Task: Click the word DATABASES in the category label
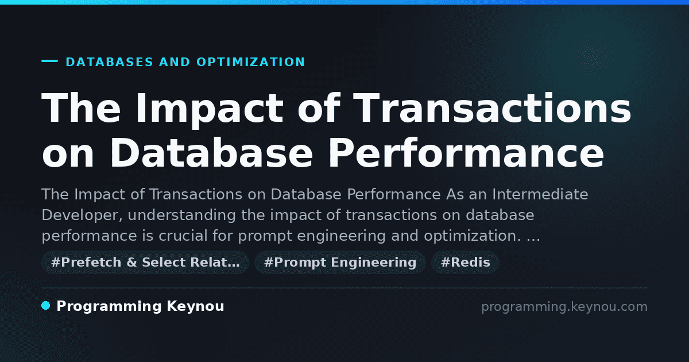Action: click(110, 62)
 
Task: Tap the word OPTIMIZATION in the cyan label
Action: click(251, 62)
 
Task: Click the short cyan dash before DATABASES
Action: click(49, 61)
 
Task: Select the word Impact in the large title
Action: click(210, 109)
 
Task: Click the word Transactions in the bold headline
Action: click(492, 108)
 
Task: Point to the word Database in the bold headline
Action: click(211, 153)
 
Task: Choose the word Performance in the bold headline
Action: click(466, 153)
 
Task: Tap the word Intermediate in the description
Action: click(540, 195)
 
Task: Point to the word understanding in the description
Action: click(182, 215)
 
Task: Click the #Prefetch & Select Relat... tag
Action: click(145, 263)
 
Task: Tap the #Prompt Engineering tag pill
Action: click(340, 263)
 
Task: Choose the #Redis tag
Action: click(465, 263)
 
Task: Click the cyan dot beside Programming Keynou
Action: click(45, 306)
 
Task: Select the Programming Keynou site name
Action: click(140, 307)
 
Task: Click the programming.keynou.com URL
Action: click(564, 307)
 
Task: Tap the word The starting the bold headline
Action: click(81, 108)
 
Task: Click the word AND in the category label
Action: click(175, 62)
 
